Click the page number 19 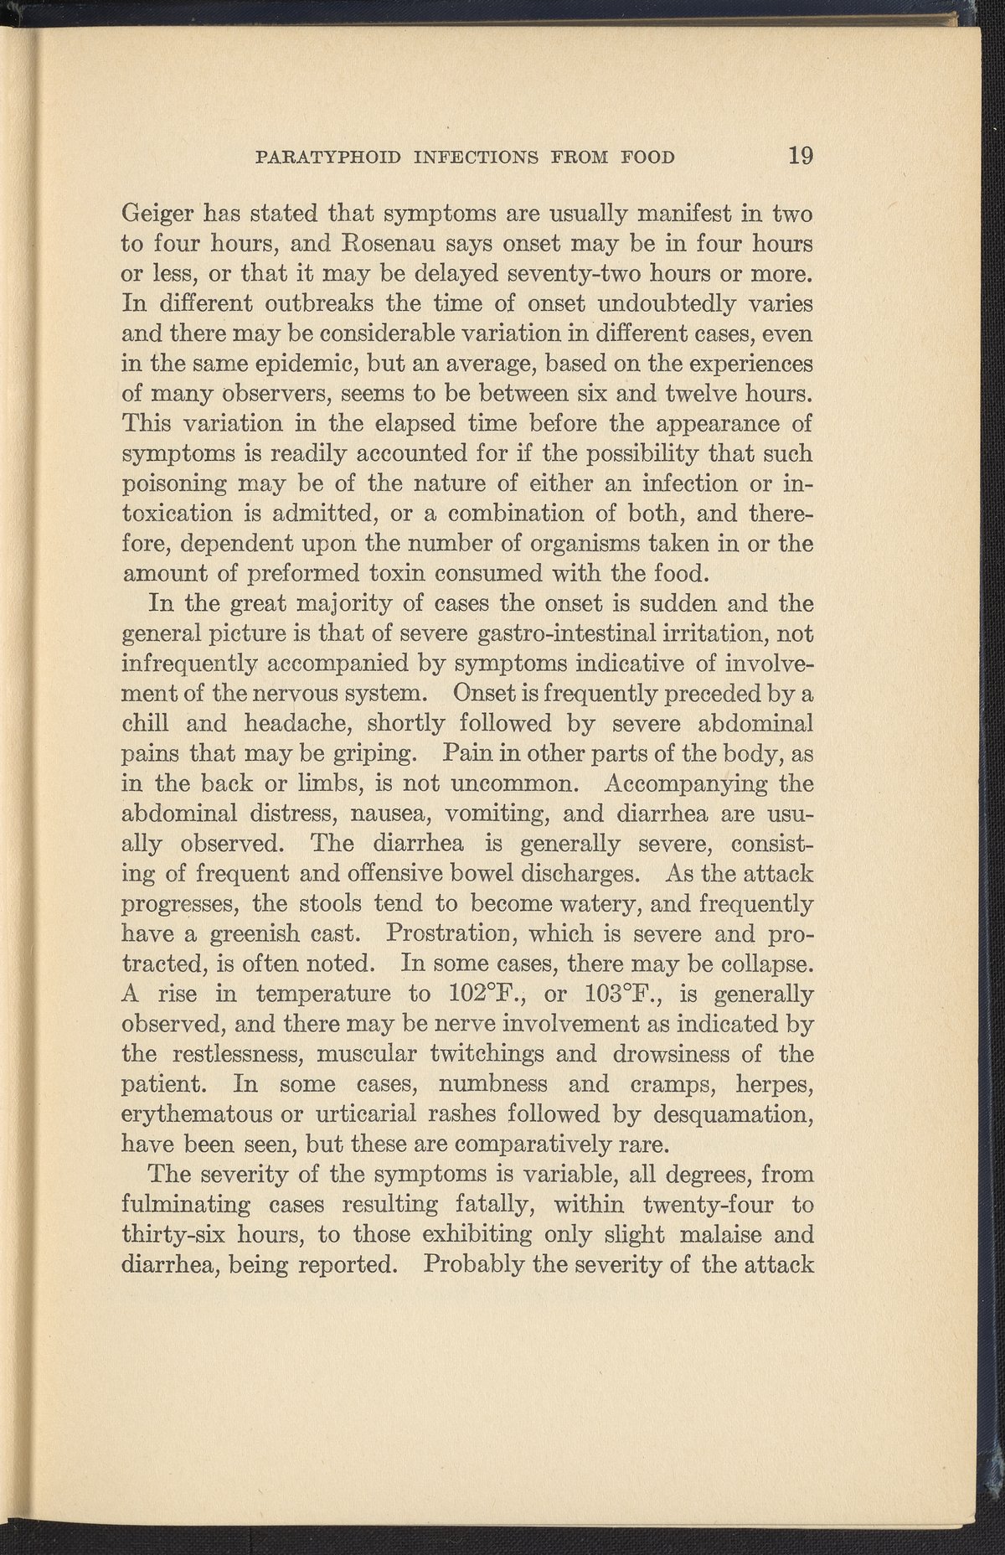click(800, 156)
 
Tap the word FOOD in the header click(644, 158)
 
